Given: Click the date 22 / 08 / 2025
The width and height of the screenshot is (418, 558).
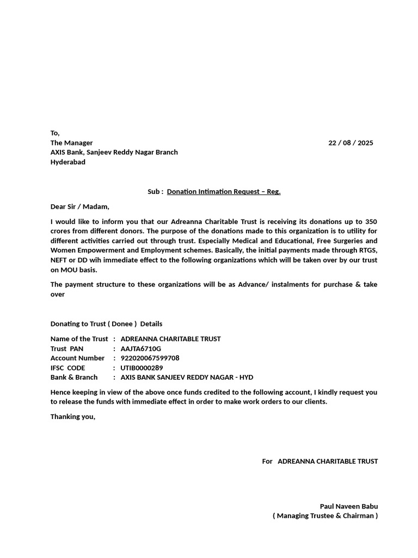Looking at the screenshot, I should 351,143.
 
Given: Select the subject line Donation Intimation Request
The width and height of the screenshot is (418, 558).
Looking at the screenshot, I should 223,191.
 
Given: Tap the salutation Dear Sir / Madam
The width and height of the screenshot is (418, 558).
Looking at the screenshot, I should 79,207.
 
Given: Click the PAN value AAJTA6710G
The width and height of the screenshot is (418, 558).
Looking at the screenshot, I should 141,348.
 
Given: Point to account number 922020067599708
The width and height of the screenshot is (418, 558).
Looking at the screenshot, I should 150,358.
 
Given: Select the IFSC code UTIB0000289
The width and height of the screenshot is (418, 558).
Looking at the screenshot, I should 142,368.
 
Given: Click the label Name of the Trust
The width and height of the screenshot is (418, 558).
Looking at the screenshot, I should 79,339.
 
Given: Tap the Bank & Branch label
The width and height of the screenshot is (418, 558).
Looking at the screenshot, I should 74,377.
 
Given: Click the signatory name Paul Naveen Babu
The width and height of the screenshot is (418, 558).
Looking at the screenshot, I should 348,506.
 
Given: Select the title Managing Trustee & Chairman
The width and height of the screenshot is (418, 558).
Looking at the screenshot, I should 325,515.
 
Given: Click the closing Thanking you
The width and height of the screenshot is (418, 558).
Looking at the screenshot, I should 72,417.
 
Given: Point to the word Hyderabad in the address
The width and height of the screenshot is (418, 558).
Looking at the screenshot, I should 68,162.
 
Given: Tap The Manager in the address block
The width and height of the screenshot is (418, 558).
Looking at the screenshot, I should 71,143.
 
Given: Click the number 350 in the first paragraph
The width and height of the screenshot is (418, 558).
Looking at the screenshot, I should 371,222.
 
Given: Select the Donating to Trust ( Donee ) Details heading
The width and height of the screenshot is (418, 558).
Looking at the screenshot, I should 106,324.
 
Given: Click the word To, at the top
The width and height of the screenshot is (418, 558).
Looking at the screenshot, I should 55,133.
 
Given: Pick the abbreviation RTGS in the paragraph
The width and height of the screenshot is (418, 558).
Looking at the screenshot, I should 367,250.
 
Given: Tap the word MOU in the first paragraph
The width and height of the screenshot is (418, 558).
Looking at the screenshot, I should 69,270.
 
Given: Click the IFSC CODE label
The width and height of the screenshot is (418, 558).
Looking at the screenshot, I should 68,368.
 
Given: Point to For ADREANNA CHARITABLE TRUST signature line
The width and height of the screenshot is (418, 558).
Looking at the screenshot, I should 319,461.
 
